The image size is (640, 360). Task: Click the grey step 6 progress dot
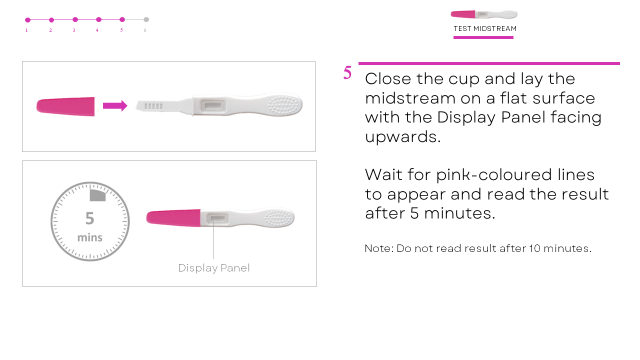pyautogui.click(x=146, y=19)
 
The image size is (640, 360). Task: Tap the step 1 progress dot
pyautogui.click(x=27, y=20)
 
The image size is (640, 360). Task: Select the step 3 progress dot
pyautogui.click(x=75, y=19)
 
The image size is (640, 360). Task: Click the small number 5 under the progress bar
pyautogui.click(x=121, y=30)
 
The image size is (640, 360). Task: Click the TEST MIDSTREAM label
pyautogui.click(x=485, y=28)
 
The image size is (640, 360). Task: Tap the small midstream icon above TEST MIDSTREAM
pyautogui.click(x=484, y=14)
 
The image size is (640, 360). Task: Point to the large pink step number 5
pyautogui.click(x=347, y=72)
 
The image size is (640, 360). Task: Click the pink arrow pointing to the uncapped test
pyautogui.click(x=115, y=105)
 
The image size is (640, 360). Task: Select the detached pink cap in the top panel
pyautogui.click(x=65, y=106)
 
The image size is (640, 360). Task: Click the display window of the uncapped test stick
pyautogui.click(x=213, y=105)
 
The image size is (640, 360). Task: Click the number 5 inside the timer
pyautogui.click(x=89, y=218)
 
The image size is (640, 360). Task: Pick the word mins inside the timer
pyautogui.click(x=89, y=237)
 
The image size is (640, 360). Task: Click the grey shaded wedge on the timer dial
pyautogui.click(x=97, y=195)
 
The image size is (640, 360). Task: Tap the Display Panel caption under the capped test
pyautogui.click(x=213, y=268)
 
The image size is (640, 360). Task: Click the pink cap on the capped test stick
pyautogui.click(x=173, y=218)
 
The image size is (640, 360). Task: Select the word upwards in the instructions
pyautogui.click(x=403, y=137)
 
